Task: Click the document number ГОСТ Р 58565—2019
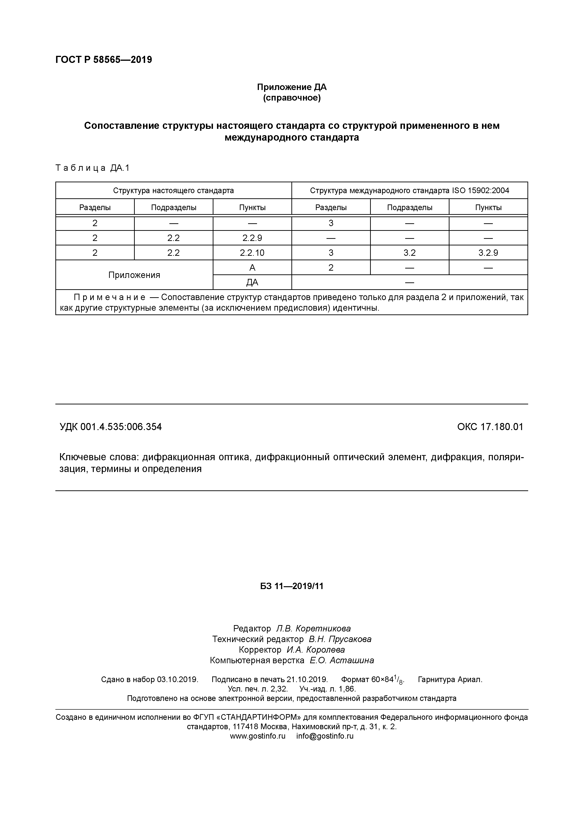coord(104,60)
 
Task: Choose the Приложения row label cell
coord(134,275)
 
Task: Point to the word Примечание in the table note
coord(109,297)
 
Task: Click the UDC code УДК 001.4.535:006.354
coord(110,427)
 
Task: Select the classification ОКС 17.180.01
coord(490,427)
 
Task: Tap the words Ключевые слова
coord(99,457)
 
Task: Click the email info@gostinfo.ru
coord(325,736)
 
